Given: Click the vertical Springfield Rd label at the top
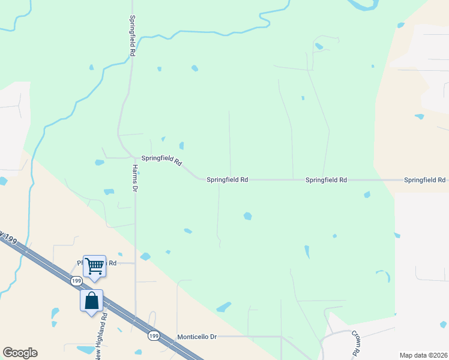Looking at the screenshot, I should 131,36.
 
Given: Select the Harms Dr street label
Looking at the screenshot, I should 135,178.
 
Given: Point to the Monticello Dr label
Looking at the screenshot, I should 196,337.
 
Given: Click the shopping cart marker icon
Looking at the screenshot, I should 94,265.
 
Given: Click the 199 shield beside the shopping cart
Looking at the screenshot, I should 76,281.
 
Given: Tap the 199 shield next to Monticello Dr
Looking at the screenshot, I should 153,336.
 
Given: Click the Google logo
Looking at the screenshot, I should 20,353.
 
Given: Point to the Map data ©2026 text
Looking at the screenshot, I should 423,355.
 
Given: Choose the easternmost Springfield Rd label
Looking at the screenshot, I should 424,180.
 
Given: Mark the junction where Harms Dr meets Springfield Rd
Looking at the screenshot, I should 135,158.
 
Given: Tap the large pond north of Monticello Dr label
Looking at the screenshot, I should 223,307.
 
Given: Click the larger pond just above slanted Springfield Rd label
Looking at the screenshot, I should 181,145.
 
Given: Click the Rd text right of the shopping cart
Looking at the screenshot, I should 112,263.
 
